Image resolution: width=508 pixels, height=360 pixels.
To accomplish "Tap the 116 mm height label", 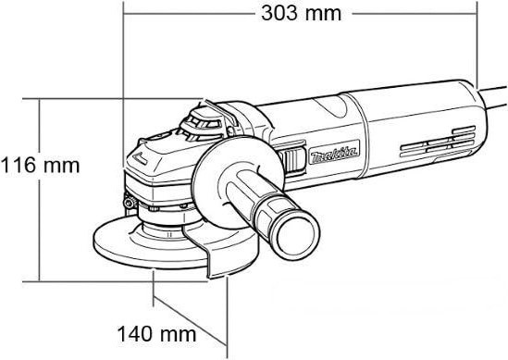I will point(40,166).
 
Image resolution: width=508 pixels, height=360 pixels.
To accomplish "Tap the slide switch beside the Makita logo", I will point(294,159).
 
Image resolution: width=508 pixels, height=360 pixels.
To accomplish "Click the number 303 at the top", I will point(281,13).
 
